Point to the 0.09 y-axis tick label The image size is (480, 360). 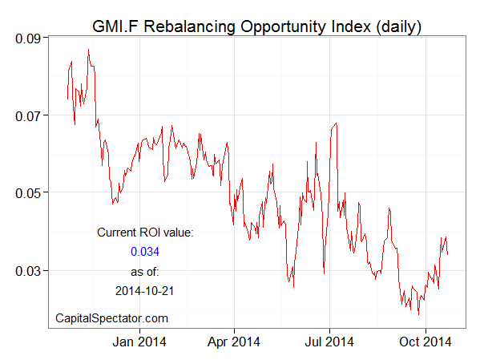click(30, 38)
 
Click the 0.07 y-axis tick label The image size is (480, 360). click(30, 115)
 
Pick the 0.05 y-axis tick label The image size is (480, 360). click(30, 192)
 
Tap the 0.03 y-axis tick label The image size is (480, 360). click(30, 271)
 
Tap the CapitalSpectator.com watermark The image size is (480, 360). click(111, 318)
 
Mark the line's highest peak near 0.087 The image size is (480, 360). click(88, 50)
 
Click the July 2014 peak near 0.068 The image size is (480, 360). click(336, 123)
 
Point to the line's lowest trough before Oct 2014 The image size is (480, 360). click(418, 313)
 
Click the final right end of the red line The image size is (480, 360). click(448, 255)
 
